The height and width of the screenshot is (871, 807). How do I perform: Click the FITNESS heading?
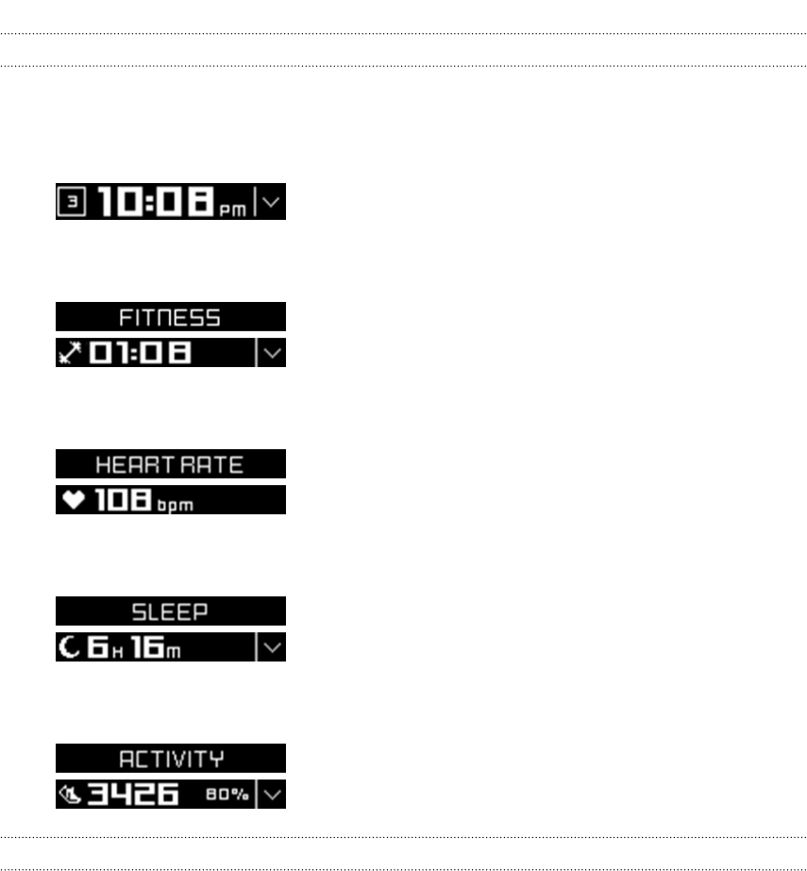(170, 317)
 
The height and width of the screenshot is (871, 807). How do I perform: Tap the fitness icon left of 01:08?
(68, 353)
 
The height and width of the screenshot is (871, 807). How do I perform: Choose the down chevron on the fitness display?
(271, 353)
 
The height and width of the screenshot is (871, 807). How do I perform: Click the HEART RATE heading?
(170, 464)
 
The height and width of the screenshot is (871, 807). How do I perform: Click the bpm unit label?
(175, 505)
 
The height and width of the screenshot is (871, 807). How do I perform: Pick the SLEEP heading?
(170, 611)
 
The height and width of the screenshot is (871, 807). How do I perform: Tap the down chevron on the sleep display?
(271, 647)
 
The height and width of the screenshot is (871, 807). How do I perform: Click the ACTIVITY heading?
(170, 759)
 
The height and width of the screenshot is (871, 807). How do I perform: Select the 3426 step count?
(132, 795)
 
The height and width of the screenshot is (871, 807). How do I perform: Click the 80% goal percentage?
(228, 796)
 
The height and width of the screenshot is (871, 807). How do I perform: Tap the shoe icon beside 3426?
(68, 795)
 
